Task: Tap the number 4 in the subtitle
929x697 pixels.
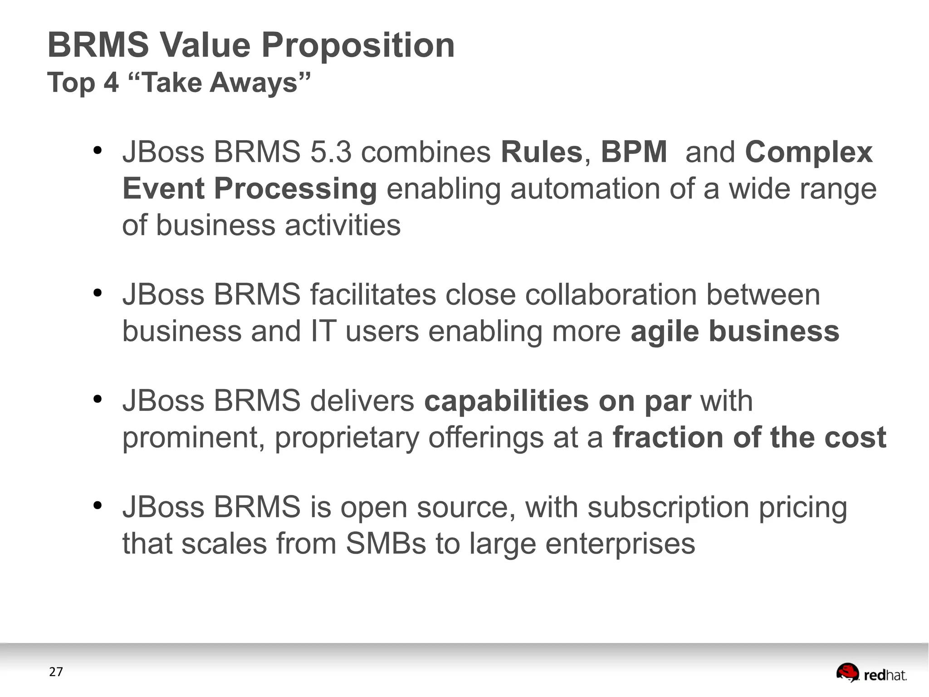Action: [111, 83]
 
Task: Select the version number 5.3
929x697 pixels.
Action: [331, 152]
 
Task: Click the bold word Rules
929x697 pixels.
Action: [541, 152]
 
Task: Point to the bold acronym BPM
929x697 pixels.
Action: [634, 152]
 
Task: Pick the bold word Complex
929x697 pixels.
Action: [808, 153]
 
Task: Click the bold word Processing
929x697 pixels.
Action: [295, 189]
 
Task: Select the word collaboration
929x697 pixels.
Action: [611, 295]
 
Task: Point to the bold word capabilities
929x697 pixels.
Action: [506, 401]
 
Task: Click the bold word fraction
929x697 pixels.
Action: [668, 438]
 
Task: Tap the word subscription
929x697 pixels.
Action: [668, 508]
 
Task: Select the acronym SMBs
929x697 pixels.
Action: [386, 544]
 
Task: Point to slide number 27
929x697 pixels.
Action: [56, 672]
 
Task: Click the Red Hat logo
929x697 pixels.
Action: [871, 673]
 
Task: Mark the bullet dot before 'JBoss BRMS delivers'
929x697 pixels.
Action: [97, 399]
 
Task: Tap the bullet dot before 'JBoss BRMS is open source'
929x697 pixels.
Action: [97, 505]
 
